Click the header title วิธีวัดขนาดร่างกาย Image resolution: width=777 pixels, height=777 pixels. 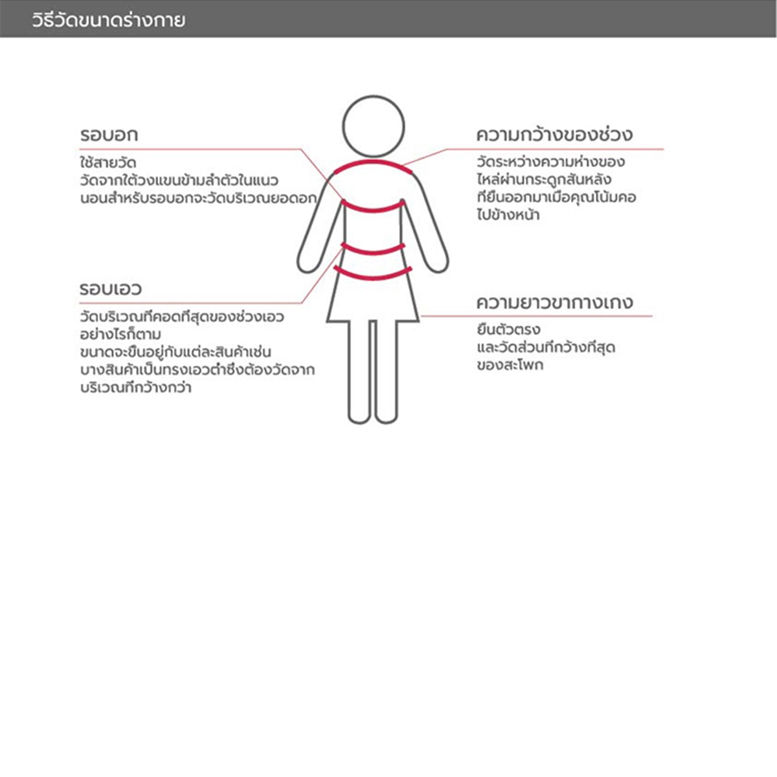(x=108, y=20)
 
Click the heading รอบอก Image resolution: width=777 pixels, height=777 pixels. (x=109, y=135)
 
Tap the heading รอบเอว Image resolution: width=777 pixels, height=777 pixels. (x=110, y=288)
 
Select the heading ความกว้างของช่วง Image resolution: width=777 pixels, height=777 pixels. (x=554, y=135)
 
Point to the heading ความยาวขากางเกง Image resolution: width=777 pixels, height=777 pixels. (x=554, y=302)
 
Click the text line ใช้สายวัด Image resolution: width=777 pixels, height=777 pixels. (x=107, y=162)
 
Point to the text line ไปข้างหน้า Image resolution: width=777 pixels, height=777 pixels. (x=508, y=215)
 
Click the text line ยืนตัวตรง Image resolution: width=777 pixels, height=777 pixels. (x=508, y=330)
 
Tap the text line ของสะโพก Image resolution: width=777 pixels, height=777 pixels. (x=510, y=365)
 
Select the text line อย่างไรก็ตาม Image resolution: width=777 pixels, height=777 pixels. (x=120, y=335)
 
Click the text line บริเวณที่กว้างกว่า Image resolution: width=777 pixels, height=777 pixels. (x=135, y=388)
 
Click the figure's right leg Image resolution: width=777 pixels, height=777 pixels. (x=387, y=372)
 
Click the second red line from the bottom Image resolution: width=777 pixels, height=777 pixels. (x=373, y=249)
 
